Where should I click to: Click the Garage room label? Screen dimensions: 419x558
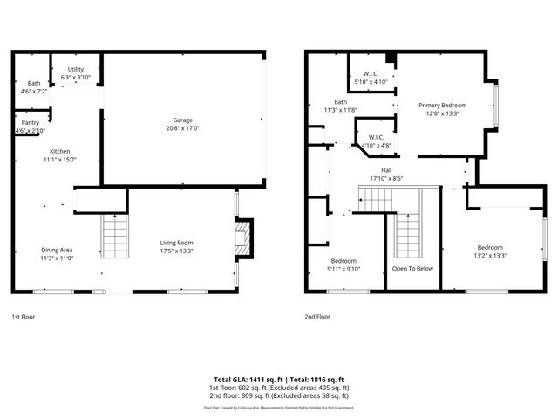pyautogui.click(x=182, y=120)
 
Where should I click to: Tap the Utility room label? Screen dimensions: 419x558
pyautogui.click(x=75, y=69)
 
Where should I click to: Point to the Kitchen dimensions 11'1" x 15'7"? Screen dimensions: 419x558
pyautogui.click(x=60, y=160)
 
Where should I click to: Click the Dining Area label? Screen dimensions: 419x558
pyautogui.click(x=57, y=250)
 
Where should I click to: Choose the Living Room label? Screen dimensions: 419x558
pyautogui.click(x=176, y=242)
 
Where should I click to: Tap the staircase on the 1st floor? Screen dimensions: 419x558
pyautogui.click(x=115, y=238)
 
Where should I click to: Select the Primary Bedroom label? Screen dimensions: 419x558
pyautogui.click(x=442, y=105)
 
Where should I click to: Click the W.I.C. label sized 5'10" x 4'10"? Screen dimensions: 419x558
pyautogui.click(x=371, y=74)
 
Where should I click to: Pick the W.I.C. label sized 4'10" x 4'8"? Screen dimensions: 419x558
pyautogui.click(x=377, y=137)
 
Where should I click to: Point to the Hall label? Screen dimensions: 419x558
pyautogui.click(x=385, y=170)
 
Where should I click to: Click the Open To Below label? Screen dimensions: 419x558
pyautogui.click(x=412, y=269)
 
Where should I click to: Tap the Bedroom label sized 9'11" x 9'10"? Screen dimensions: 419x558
pyautogui.click(x=343, y=261)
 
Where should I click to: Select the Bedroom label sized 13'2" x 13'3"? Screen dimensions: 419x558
pyautogui.click(x=490, y=247)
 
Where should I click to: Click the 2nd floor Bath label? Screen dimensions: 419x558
pyautogui.click(x=328, y=102)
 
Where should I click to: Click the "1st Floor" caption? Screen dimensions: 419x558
pyautogui.click(x=24, y=317)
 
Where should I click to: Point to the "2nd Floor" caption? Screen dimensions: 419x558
pyautogui.click(x=317, y=317)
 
